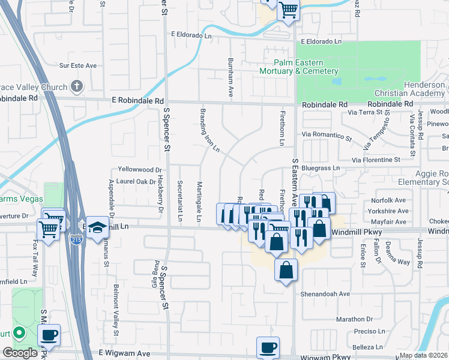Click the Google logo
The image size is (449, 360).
click(x=20, y=353)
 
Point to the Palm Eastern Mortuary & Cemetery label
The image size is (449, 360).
click(x=306, y=67)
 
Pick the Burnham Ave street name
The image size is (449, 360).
click(x=230, y=77)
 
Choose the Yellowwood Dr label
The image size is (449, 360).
click(x=140, y=170)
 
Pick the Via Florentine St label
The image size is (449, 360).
click(x=376, y=160)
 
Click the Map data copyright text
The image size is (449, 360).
click(x=423, y=355)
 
